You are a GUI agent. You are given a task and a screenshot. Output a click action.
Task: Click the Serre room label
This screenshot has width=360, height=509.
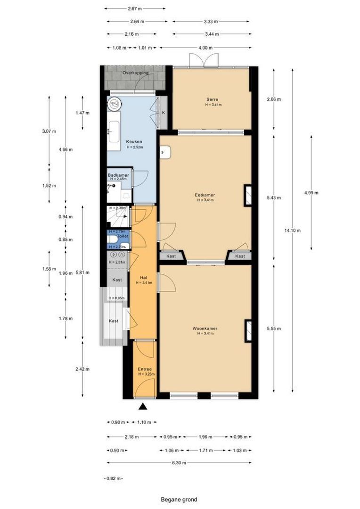pyautogui.click(x=211, y=99)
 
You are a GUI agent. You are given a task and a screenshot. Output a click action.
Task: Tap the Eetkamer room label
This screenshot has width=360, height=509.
pyautogui.click(x=205, y=195)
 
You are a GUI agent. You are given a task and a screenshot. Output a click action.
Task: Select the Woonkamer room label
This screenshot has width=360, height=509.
pyautogui.click(x=205, y=328)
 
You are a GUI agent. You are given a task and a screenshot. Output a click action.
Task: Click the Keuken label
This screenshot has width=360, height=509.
pyautogui.click(x=133, y=142)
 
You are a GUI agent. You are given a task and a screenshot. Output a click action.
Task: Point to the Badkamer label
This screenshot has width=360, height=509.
pyautogui.click(x=118, y=175)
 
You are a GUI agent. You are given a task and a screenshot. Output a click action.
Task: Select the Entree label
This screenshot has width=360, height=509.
pyautogui.click(x=145, y=369)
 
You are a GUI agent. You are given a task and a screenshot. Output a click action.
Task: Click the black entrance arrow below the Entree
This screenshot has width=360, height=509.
pyautogui.click(x=143, y=406)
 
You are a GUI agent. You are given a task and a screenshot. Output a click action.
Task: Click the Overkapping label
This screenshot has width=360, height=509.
pyautogui.click(x=135, y=73)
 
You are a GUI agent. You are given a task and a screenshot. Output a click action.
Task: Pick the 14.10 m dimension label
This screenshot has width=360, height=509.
pyautogui.click(x=293, y=230)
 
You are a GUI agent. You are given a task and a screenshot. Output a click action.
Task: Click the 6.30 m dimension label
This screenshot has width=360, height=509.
pyautogui.click(x=179, y=463)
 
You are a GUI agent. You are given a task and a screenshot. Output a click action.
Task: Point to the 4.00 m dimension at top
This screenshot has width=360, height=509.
pyautogui.click(x=205, y=48)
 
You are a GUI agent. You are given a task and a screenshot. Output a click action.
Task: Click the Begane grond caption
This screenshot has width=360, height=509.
pyautogui.click(x=179, y=500)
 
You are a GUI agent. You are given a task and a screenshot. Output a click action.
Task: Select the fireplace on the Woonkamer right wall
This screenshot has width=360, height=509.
pyautogui.click(x=248, y=330)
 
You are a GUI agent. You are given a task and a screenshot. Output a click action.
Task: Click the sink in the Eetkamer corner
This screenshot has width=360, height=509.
pyautogui.click(x=165, y=152)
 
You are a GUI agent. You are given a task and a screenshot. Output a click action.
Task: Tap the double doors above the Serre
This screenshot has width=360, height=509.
pyautogui.click(x=204, y=61)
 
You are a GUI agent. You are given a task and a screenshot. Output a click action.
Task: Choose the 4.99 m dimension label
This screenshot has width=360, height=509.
pyautogui.click(x=311, y=193)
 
